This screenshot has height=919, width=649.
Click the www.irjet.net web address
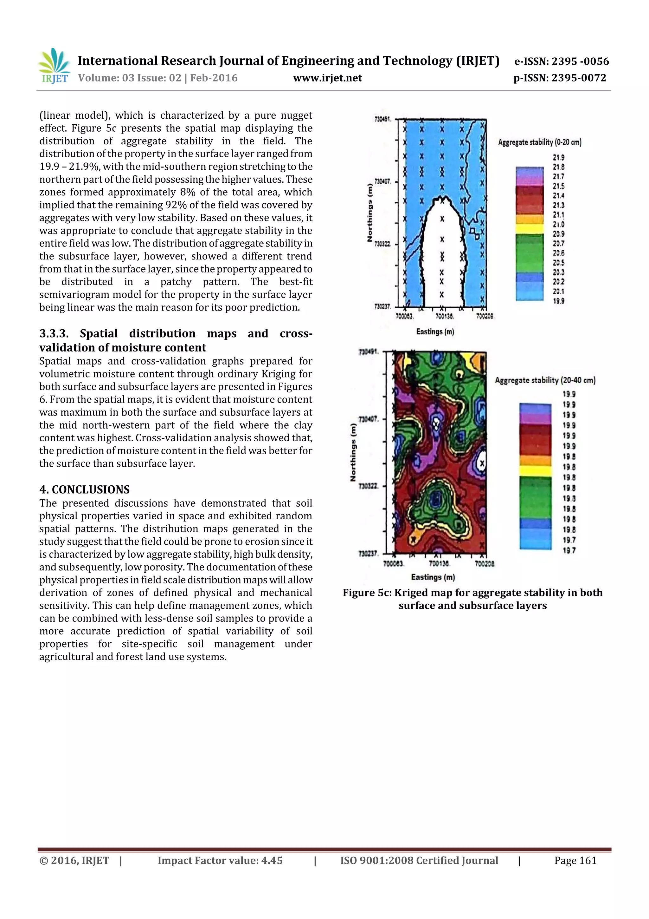coord(327,78)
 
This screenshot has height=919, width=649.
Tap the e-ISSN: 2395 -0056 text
coord(561,61)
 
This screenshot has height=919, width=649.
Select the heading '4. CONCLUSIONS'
coord(84,489)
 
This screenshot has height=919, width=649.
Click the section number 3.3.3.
coord(54,333)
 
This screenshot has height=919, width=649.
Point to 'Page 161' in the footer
coord(575,861)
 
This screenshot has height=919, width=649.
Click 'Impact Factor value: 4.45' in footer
coord(220,861)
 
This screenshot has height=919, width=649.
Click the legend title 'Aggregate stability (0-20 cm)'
coord(539,142)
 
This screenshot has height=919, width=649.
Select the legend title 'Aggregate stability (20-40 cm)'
coord(545,380)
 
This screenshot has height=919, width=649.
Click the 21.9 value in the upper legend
coord(558,158)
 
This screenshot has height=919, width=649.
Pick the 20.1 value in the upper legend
coord(558,292)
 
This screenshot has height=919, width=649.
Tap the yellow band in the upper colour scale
coord(530,228)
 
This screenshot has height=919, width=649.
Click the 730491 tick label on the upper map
coord(382,119)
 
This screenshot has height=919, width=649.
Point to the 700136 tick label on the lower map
coord(439,564)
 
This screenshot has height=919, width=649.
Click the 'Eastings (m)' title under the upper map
coord(435,332)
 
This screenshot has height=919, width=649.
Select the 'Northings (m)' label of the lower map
coord(353,452)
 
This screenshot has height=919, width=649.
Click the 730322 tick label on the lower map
coord(368,486)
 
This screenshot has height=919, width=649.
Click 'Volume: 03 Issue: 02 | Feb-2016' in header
coord(158,78)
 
